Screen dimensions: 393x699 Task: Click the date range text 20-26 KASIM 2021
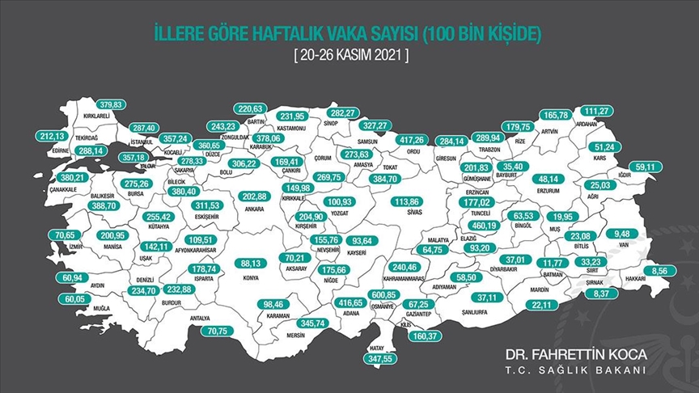(x=349, y=57)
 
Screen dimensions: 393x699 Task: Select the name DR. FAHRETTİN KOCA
(x=575, y=354)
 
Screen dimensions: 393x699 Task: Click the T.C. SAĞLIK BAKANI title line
(x=575, y=370)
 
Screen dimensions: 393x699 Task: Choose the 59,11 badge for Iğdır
(x=644, y=167)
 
